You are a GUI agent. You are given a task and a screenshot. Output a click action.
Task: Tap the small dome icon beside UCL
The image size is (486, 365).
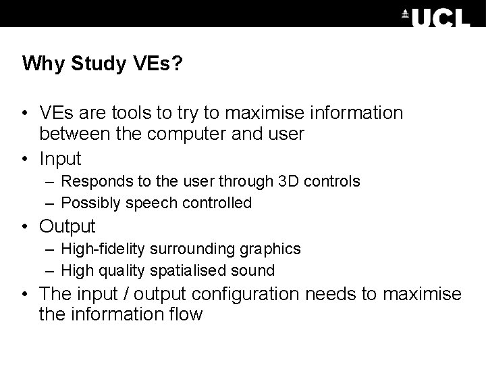(406, 13)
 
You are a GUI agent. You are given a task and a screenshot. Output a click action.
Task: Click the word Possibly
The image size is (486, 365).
(86, 203)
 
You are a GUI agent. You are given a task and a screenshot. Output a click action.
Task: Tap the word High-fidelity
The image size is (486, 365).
(103, 249)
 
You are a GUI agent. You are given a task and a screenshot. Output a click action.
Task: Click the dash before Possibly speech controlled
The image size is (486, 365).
(51, 203)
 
